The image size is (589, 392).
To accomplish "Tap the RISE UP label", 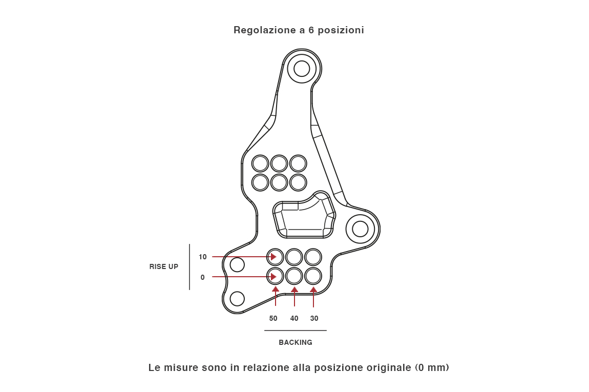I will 164,266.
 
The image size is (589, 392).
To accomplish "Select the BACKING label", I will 296,342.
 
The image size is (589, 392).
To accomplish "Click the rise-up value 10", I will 203,257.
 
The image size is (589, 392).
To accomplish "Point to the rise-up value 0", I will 203,277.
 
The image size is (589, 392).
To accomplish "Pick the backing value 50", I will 274,318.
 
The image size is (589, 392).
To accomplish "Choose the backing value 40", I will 294,318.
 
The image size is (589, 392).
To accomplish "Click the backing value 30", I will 314,318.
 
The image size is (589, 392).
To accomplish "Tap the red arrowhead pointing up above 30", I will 313,290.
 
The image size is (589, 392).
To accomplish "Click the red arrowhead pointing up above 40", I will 294,290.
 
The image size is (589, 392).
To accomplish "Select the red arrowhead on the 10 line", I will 274,257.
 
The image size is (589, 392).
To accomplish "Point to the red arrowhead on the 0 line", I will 274,277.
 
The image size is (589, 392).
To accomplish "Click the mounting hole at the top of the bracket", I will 302,69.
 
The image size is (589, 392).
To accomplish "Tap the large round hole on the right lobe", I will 360,229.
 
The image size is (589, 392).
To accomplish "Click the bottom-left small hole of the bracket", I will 237,298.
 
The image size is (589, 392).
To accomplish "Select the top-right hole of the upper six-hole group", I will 298,163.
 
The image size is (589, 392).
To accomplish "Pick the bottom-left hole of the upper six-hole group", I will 260,182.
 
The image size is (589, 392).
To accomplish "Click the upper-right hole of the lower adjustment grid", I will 313,257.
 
